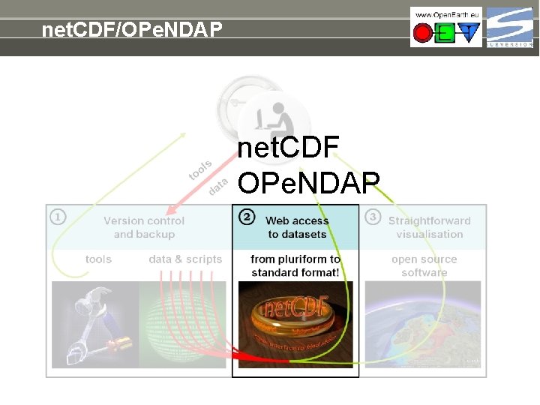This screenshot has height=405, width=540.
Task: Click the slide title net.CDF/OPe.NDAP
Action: coord(132,30)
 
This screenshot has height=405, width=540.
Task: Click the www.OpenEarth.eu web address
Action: coord(445,14)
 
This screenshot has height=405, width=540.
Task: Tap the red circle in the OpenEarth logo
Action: coord(423,34)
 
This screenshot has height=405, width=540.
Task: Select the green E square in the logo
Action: coord(445,34)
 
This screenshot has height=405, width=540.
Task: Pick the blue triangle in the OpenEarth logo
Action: coord(469,34)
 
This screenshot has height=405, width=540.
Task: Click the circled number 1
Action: coord(58,217)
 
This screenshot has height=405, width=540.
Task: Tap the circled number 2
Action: coord(246,217)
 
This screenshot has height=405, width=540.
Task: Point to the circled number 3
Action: coord(372,217)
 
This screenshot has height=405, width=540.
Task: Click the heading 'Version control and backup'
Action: coord(144,227)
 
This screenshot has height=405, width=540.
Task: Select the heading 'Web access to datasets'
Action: coord(297,227)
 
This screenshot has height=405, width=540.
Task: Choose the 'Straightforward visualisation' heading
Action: coord(429,227)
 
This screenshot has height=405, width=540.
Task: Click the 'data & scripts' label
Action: coord(185,259)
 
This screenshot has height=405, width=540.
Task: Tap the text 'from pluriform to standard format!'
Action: coord(295,265)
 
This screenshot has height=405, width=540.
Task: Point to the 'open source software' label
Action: coord(424,265)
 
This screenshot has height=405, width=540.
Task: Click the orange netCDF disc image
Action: coord(294,319)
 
